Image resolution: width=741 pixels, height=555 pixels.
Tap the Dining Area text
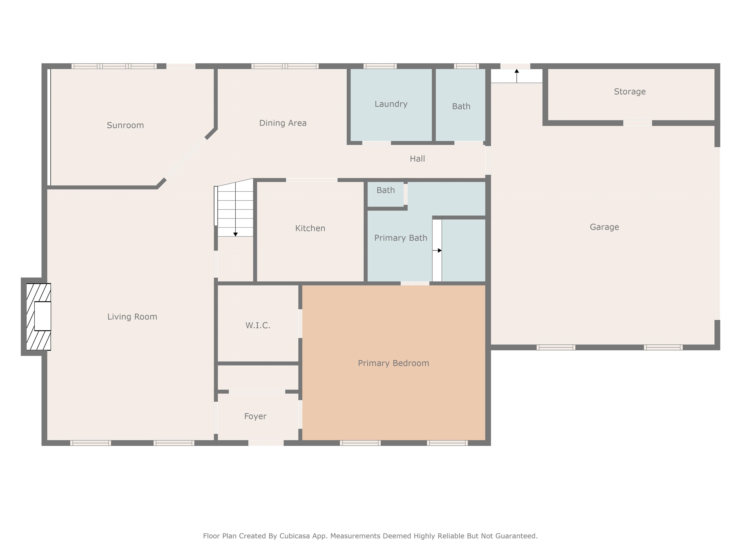(283, 123)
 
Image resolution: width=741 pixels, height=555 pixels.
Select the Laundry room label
(391, 104)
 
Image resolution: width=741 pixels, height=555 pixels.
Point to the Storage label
(630, 92)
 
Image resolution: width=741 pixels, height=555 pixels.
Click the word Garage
(604, 227)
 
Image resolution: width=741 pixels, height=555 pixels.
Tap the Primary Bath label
(400, 238)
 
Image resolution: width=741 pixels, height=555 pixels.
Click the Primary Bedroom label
(393, 363)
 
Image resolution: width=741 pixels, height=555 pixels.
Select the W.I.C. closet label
(258, 325)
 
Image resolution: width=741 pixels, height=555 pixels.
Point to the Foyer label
(255, 416)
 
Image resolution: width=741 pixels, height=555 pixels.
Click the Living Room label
(132, 317)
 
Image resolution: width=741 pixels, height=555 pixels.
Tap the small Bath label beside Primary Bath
(385, 190)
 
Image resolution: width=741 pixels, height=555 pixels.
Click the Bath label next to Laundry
(461, 106)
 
